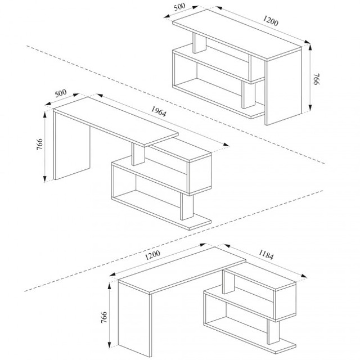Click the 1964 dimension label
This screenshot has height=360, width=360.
(x=159, y=111)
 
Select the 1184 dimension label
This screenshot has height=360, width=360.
(x=266, y=255)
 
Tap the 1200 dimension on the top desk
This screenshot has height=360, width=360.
(x=271, y=20)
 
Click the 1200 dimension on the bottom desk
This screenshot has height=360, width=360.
(x=152, y=255)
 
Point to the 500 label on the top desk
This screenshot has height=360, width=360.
(x=179, y=7)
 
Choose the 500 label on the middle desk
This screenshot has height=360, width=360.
(x=61, y=93)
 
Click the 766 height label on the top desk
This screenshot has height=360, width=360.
(x=317, y=79)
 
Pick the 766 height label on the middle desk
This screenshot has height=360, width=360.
(x=39, y=144)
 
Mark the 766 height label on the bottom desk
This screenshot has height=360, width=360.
(x=104, y=317)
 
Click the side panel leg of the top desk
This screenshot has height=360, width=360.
(x=283, y=87)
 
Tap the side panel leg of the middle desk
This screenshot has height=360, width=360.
(x=71, y=146)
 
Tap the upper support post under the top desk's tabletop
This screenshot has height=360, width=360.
(x=199, y=43)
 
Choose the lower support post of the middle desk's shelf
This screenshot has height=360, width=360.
(x=187, y=206)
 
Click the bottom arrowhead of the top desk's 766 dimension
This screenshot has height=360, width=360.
(x=310, y=107)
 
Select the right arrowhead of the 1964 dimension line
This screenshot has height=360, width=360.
(x=226, y=145)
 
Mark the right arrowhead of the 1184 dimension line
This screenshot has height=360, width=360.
(x=304, y=276)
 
